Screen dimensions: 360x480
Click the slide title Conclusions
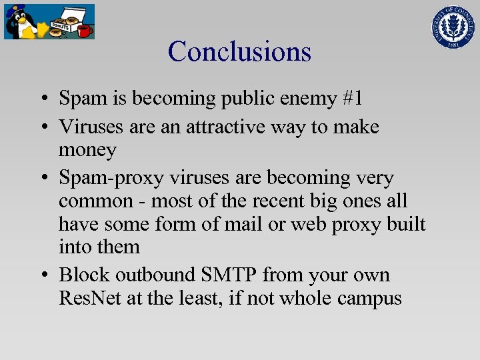click(x=239, y=51)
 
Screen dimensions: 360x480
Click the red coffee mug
click(x=84, y=30)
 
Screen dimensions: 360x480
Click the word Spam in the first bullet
click(x=80, y=99)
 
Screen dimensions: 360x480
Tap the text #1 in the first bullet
click(x=349, y=99)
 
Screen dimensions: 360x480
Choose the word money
click(x=87, y=150)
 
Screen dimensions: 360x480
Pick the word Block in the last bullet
click(x=84, y=275)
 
